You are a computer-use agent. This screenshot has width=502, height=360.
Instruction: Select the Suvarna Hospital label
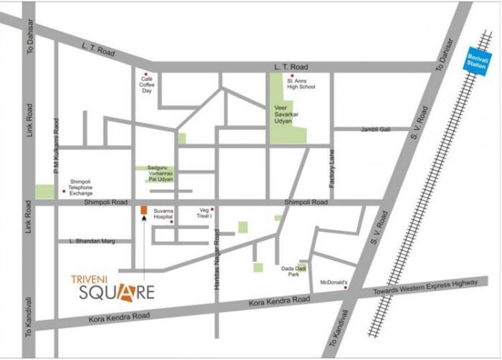click(164, 215)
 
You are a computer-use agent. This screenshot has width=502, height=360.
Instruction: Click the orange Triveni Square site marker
click(143, 210)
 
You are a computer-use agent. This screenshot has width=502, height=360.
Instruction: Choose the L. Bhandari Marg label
click(93, 241)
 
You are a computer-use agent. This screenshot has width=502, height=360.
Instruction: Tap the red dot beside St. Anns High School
click(292, 75)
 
